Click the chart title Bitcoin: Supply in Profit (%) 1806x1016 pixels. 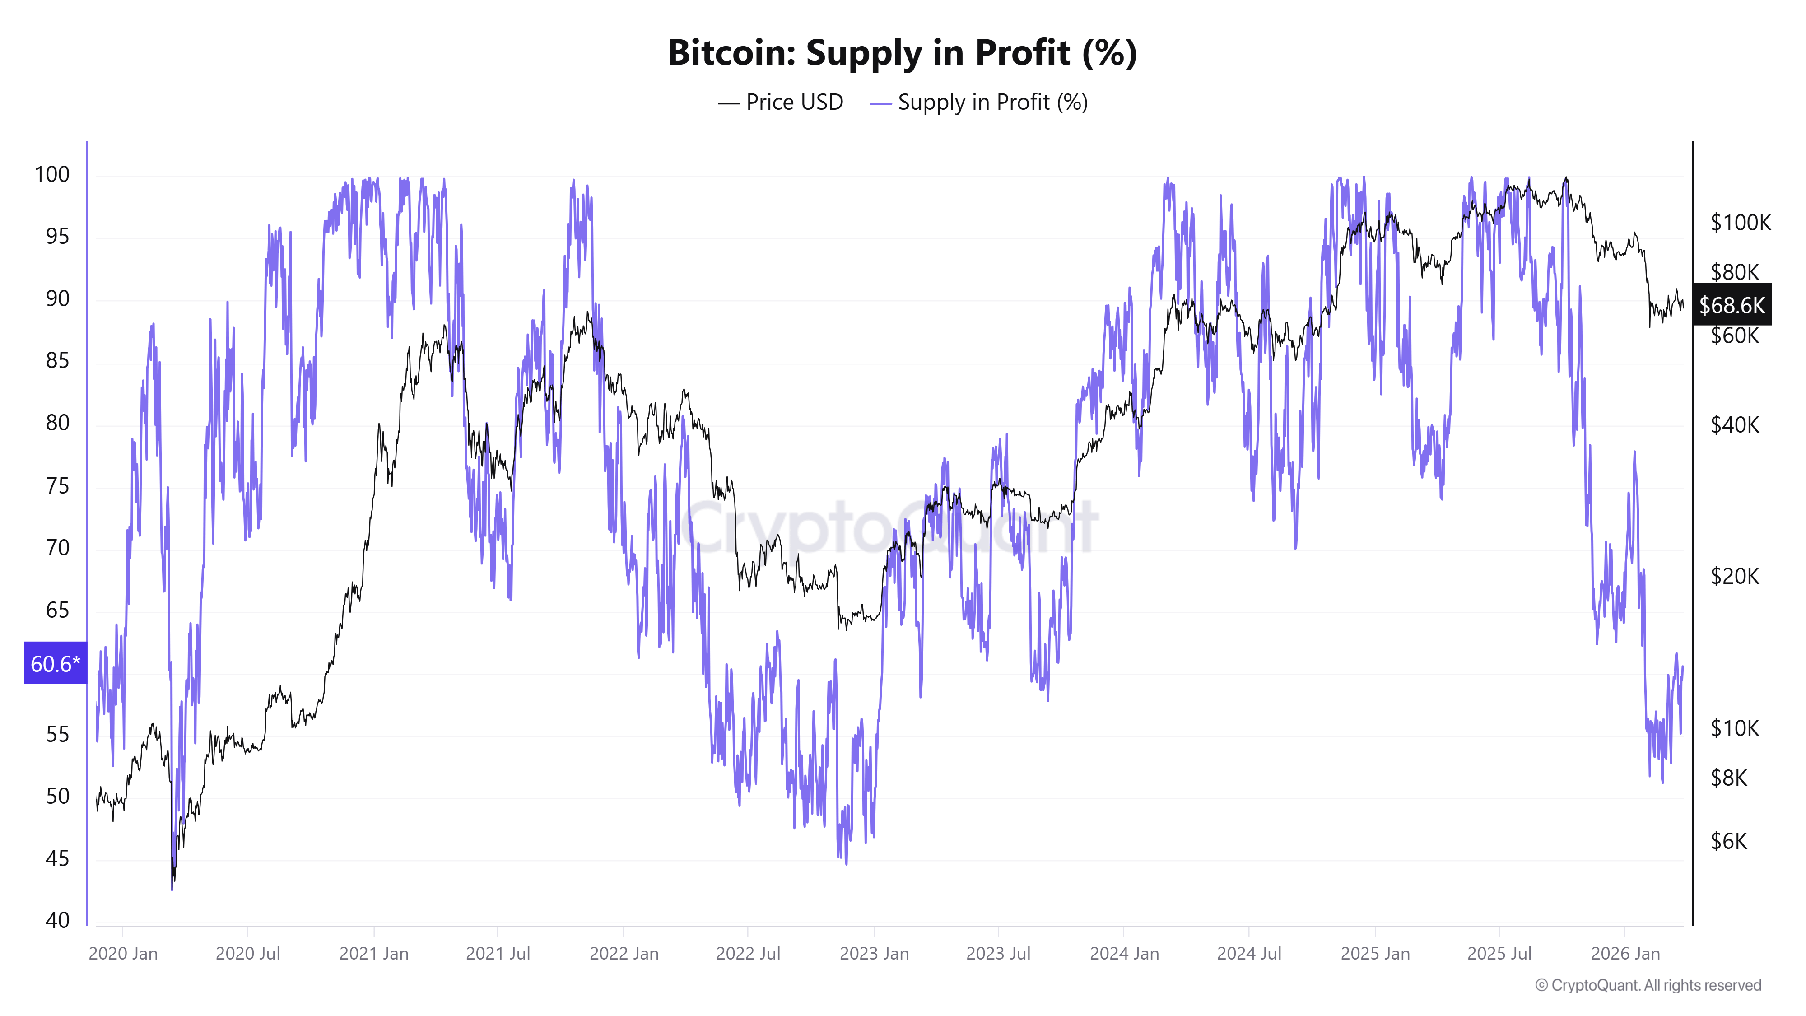coord(902,52)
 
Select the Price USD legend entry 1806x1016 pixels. coord(781,103)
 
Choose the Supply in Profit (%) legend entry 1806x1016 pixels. coord(979,103)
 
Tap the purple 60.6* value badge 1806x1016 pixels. coord(56,662)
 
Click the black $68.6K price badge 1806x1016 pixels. coord(1731,304)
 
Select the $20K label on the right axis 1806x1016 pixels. coord(1735,576)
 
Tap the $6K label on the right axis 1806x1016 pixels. coord(1728,841)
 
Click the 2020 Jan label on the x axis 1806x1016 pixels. coord(123,954)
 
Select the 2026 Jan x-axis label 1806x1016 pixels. coord(1625,954)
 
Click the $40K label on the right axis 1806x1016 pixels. coord(1735,424)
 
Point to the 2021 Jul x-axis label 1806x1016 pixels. coord(498,954)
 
